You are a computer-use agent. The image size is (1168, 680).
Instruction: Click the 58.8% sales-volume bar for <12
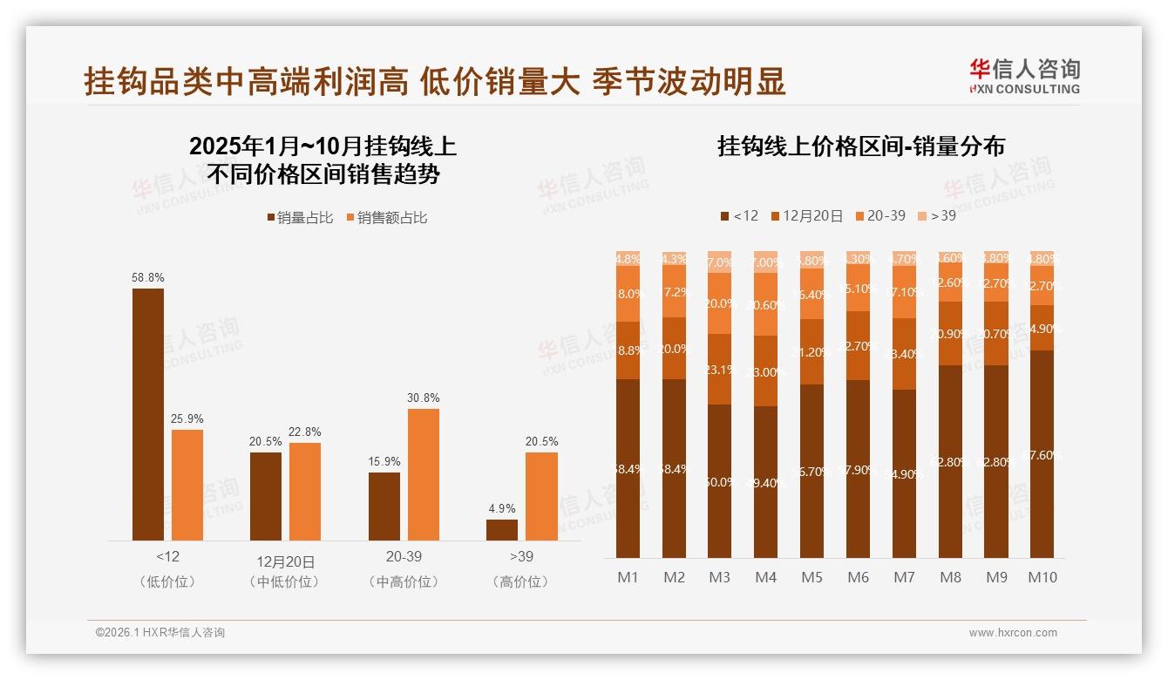(148, 414)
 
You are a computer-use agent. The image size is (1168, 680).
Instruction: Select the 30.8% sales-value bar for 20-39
(424, 474)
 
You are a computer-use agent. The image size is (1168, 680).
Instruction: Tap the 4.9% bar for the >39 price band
(502, 530)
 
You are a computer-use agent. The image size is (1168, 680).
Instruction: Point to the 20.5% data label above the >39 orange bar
(541, 441)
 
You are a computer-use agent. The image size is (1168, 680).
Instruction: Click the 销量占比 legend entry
(299, 218)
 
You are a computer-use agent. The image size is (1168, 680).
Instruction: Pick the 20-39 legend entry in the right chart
(880, 215)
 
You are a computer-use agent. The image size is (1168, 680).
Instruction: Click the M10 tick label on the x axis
(1042, 577)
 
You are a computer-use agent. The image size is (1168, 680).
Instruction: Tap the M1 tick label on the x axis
(628, 577)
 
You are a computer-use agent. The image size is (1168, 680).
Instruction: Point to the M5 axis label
(812, 577)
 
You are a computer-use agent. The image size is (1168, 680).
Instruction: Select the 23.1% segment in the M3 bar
(720, 369)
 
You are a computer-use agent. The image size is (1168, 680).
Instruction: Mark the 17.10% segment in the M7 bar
(905, 292)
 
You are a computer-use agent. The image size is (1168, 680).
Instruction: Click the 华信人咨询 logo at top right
(1024, 75)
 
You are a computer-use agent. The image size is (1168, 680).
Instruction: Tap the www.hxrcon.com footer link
(1013, 633)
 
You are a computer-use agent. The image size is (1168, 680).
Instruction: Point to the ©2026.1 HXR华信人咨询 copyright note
(160, 633)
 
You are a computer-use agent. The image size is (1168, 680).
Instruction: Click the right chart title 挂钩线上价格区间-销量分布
(861, 146)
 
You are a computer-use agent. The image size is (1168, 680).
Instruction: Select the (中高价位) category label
(404, 581)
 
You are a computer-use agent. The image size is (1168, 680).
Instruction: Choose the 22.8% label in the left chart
(305, 432)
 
